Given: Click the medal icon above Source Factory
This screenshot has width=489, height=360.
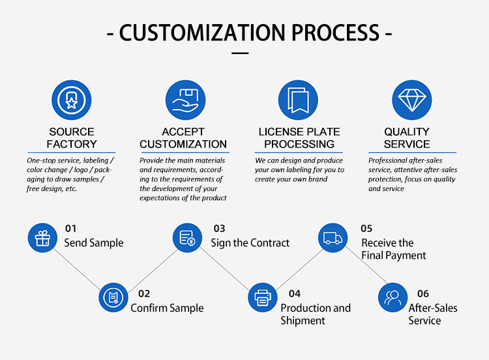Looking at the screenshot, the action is click(x=72, y=100).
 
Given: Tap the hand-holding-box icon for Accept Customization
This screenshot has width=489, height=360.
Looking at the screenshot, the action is click(x=186, y=100).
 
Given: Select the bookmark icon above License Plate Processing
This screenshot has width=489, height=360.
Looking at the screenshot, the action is click(x=298, y=100).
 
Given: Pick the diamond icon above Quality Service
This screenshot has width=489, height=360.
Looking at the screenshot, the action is click(x=412, y=100).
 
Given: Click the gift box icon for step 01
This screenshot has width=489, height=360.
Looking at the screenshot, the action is click(x=42, y=237).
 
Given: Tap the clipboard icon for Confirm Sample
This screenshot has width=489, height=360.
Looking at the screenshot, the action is click(x=113, y=297).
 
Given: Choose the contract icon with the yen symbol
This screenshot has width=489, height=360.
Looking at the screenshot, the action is click(x=187, y=237).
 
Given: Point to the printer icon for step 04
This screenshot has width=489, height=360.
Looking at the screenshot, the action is click(x=263, y=297).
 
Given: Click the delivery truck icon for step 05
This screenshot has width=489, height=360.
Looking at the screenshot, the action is click(x=333, y=237).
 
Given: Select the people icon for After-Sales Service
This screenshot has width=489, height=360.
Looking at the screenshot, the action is click(x=393, y=297).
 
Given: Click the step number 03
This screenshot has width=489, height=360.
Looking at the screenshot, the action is click(x=219, y=229).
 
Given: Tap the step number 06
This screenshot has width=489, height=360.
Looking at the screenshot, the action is click(x=423, y=294).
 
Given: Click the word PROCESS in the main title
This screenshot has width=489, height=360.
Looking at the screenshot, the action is click(x=335, y=33).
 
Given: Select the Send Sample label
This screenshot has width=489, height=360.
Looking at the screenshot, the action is click(x=94, y=243).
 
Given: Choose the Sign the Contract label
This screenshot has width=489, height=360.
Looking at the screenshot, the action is click(x=250, y=243).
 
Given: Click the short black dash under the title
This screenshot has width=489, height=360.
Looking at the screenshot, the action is click(x=240, y=53).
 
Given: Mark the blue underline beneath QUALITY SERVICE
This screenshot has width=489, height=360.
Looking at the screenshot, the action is click(x=412, y=153).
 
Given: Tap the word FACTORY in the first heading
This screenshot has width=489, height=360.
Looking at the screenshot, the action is click(x=72, y=144).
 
